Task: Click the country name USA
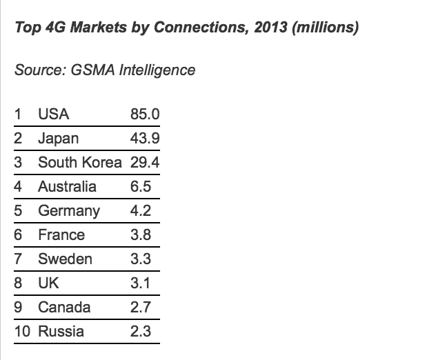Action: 53,114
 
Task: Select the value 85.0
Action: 144,114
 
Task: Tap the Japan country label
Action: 58,138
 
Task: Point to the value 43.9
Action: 144,138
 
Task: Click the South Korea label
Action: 79,162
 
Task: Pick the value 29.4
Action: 144,162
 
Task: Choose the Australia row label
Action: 67,186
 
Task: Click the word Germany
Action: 68,210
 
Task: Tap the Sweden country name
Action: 65,259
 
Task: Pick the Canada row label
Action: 64,307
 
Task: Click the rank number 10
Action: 22,331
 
